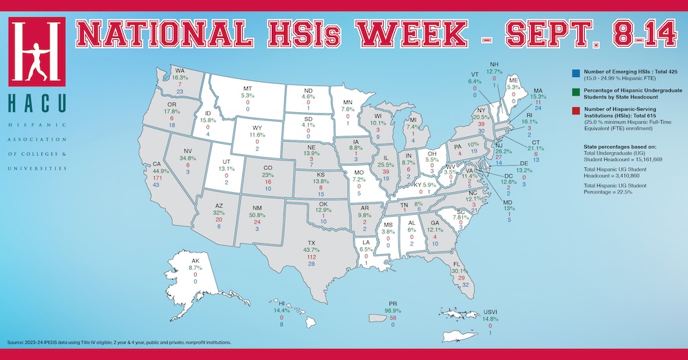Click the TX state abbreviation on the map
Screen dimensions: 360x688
pyautogui.click(x=311, y=242)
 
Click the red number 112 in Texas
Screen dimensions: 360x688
pyautogui.click(x=311, y=257)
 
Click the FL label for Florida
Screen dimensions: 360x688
pyautogui.click(x=456, y=263)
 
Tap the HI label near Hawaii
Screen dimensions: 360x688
pyautogui.click(x=281, y=301)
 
